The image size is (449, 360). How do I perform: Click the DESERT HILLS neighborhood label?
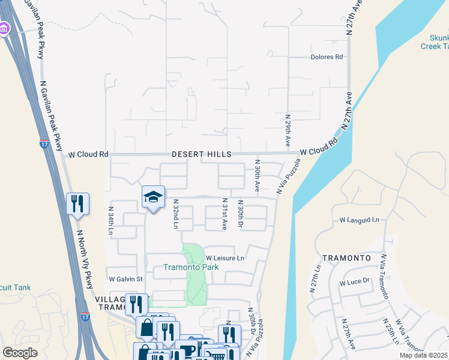tap(202, 154)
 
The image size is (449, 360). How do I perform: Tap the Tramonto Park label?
tap(175, 267)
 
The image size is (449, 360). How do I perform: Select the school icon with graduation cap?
tap(153, 197)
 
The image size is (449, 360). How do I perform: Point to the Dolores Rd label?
tap(327, 57)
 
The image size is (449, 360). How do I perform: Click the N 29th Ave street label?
tap(288, 131)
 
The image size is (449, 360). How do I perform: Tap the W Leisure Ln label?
tap(224, 258)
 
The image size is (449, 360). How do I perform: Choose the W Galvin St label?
tap(125, 279)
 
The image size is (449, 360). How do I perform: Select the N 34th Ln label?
tap(111, 221)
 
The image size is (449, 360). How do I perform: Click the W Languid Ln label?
tap(360, 220)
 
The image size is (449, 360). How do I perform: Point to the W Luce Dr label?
tap(357, 281)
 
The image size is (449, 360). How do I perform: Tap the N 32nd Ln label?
tap(176, 215)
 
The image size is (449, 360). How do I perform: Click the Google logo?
tap(20, 353)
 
